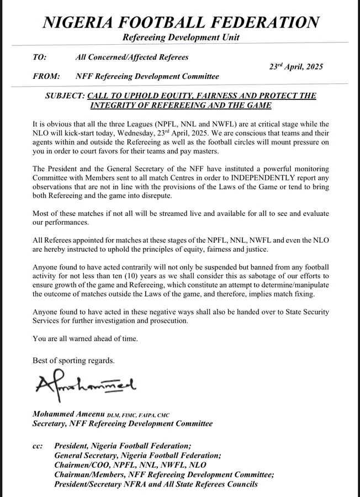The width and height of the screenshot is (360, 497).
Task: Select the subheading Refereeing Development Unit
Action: point(181,38)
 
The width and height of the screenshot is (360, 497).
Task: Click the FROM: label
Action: point(44,76)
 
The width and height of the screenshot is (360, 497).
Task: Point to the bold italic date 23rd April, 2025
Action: point(295,66)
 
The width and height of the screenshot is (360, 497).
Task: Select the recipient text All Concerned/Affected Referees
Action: point(132,57)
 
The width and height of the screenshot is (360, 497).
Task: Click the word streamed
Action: point(171,212)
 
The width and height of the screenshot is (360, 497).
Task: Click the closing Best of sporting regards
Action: point(73,361)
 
